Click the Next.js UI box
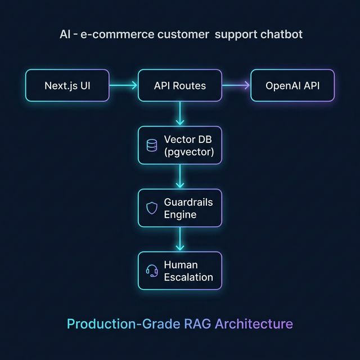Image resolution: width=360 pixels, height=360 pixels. [67, 85]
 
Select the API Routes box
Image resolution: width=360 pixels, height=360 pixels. [180, 85]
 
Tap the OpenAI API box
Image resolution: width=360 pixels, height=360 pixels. [292, 85]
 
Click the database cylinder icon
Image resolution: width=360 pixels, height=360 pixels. [152, 146]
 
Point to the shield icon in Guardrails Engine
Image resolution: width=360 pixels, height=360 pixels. [152, 208]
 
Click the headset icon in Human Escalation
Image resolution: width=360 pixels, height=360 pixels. [152, 271]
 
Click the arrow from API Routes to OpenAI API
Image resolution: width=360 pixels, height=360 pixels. [236, 85]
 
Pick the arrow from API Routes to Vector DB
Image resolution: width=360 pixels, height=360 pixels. [180, 114]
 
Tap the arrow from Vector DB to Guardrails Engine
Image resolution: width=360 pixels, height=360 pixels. [180, 177]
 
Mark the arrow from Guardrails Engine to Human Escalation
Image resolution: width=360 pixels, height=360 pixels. [180, 239]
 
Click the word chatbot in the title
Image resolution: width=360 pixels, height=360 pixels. [281, 34]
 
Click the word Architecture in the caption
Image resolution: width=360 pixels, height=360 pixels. [254, 324]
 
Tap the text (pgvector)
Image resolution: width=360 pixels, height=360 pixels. [189, 152]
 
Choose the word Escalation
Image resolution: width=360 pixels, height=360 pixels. [188, 277]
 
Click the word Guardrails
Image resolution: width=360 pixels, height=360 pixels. [188, 202]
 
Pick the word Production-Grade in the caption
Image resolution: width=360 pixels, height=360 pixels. [123, 324]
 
